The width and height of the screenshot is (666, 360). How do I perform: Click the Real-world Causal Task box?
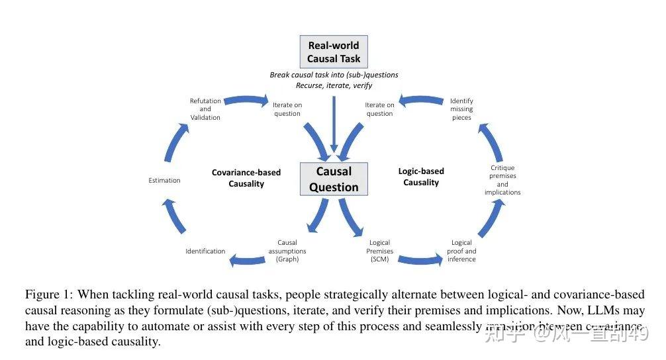pos(333,52)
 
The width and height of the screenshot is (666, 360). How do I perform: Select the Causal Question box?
pos(333,179)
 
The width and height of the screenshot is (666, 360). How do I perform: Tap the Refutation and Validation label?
pos(205,109)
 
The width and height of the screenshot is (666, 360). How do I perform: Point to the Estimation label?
pos(164,180)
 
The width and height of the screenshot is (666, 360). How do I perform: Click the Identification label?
pos(205,251)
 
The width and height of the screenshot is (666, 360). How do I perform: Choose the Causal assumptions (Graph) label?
pos(287,251)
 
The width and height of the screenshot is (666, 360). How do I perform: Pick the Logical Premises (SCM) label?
pos(380,251)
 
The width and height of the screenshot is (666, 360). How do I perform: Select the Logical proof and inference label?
pos(461,251)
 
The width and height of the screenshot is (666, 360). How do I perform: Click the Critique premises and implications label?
pos(502,180)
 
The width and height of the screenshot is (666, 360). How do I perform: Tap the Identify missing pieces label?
pos(461,109)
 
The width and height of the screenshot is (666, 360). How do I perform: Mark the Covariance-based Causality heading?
pos(246,178)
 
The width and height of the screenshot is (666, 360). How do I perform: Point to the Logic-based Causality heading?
pos(421,177)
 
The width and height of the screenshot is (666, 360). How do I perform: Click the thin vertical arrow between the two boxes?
pos(335,126)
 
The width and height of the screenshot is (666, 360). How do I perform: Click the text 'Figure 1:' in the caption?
pos(48,294)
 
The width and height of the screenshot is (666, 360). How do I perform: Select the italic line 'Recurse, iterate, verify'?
pos(334,85)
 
